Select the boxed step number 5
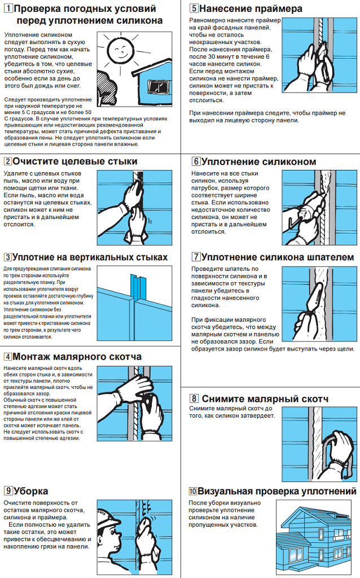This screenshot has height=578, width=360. (x=194, y=8)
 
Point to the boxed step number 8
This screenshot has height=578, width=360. (x=194, y=399)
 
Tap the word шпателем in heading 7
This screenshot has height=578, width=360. (x=333, y=257)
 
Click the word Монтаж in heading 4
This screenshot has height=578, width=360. (x=33, y=357)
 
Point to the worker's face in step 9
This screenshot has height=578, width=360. (x=109, y=537)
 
